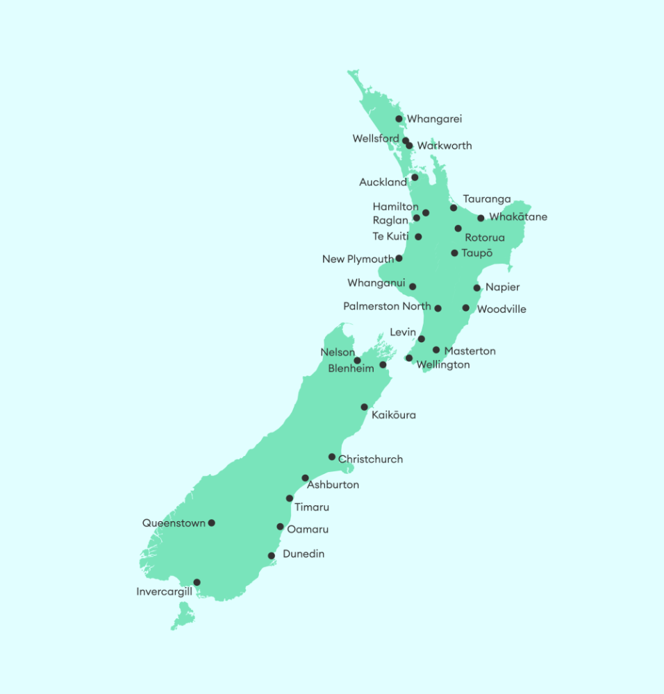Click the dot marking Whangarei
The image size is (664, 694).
pyautogui.click(x=399, y=119)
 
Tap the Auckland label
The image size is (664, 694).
pyautogui.click(x=383, y=183)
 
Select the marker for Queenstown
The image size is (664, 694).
pyautogui.click(x=212, y=523)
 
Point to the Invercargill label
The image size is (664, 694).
pyautogui.click(x=164, y=592)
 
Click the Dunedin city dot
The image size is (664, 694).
pyautogui.click(x=272, y=556)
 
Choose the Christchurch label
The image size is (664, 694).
pyautogui.click(x=370, y=459)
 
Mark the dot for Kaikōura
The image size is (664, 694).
pyautogui.click(x=365, y=407)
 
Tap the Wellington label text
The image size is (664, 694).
pyautogui.click(x=443, y=365)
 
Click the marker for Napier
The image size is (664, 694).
pyautogui.click(x=477, y=288)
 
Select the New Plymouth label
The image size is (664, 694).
pyautogui.click(x=358, y=260)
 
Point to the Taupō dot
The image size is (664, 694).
pyautogui.click(x=455, y=253)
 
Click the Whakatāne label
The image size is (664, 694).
pyautogui.click(x=518, y=217)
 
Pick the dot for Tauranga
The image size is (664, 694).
pyautogui.click(x=454, y=208)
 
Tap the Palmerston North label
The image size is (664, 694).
pyautogui.click(x=387, y=307)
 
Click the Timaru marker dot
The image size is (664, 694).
pyautogui.click(x=290, y=499)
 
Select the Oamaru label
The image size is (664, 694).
pyautogui.click(x=308, y=530)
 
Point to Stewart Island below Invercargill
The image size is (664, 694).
pyautogui.click(x=183, y=616)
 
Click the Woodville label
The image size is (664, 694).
pyautogui.click(x=501, y=310)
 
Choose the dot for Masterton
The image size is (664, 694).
pyautogui.click(x=437, y=350)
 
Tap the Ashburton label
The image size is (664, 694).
pyautogui.click(x=333, y=485)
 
